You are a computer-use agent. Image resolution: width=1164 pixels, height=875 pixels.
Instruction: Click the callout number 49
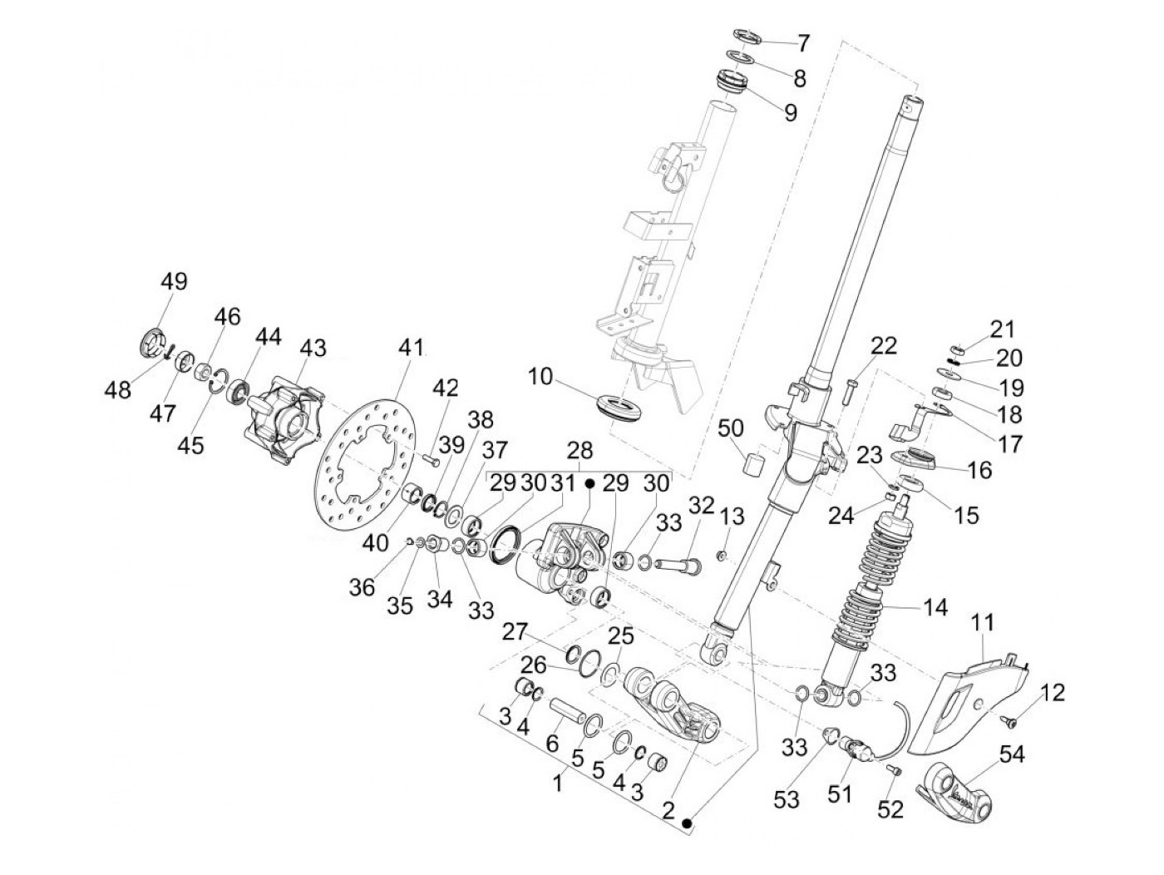coord(174,281)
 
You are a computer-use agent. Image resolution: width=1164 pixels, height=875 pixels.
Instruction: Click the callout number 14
coord(935,608)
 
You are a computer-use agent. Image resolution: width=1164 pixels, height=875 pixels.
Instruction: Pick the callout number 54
coord(1011,755)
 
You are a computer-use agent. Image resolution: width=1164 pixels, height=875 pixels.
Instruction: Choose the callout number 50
coord(731,429)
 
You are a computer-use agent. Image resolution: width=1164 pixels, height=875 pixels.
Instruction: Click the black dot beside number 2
coord(687,823)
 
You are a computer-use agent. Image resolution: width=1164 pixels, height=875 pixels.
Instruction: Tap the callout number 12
coord(1053,693)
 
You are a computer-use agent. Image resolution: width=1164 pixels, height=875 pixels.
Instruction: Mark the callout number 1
coord(559,783)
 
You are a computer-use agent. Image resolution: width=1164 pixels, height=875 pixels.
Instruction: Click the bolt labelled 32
coord(678,566)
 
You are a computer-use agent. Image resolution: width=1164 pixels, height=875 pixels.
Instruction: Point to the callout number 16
coord(979,470)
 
